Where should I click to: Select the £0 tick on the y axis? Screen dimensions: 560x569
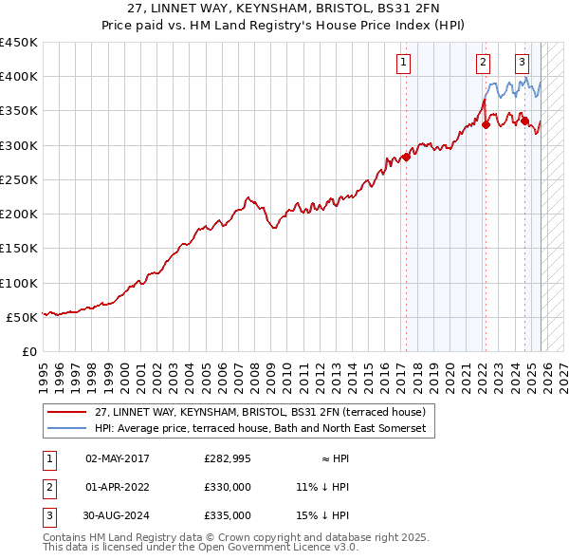click(28, 352)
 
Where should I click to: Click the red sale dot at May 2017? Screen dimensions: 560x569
click(406, 157)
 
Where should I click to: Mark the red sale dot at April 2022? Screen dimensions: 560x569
click(486, 124)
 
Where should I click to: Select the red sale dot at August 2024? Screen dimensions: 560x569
click(524, 121)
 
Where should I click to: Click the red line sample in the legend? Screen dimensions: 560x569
click(66, 413)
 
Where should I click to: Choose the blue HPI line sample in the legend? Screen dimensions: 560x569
click(66, 429)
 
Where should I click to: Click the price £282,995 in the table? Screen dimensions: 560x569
click(228, 458)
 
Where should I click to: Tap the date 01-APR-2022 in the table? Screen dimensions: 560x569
click(118, 487)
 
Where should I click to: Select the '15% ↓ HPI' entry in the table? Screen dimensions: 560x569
click(322, 515)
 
